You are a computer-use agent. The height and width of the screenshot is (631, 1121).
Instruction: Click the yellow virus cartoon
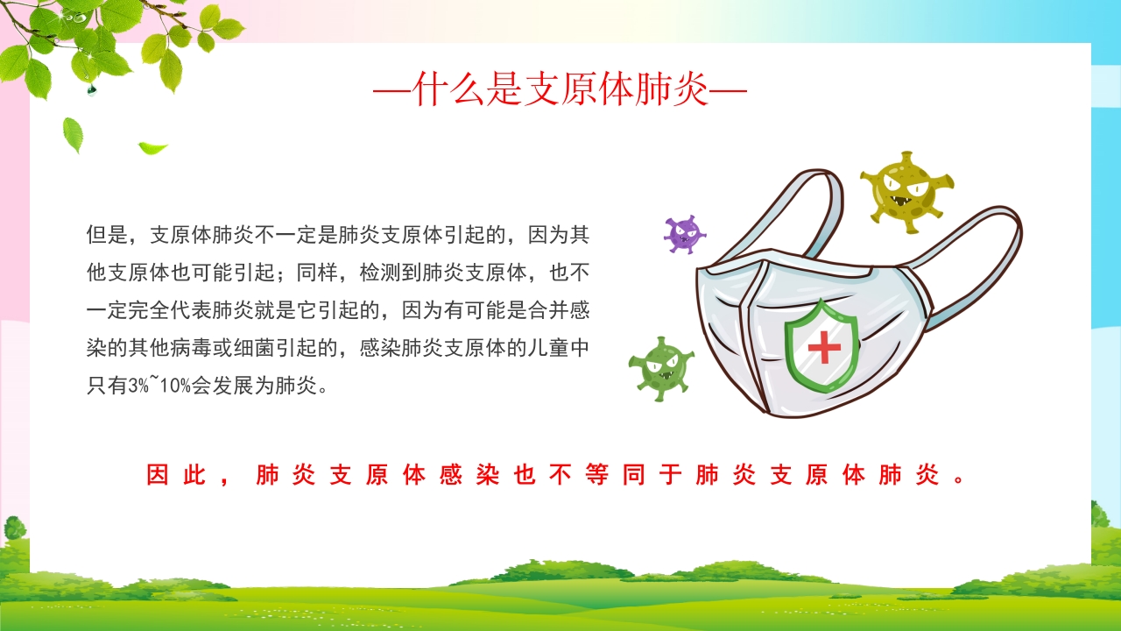(905, 188)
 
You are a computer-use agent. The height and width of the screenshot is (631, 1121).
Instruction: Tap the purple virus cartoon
(684, 234)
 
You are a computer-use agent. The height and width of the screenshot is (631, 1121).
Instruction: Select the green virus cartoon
(661, 368)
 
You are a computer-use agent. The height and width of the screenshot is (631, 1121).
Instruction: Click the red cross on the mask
(823, 348)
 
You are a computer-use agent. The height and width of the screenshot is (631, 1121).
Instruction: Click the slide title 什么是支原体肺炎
(560, 89)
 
